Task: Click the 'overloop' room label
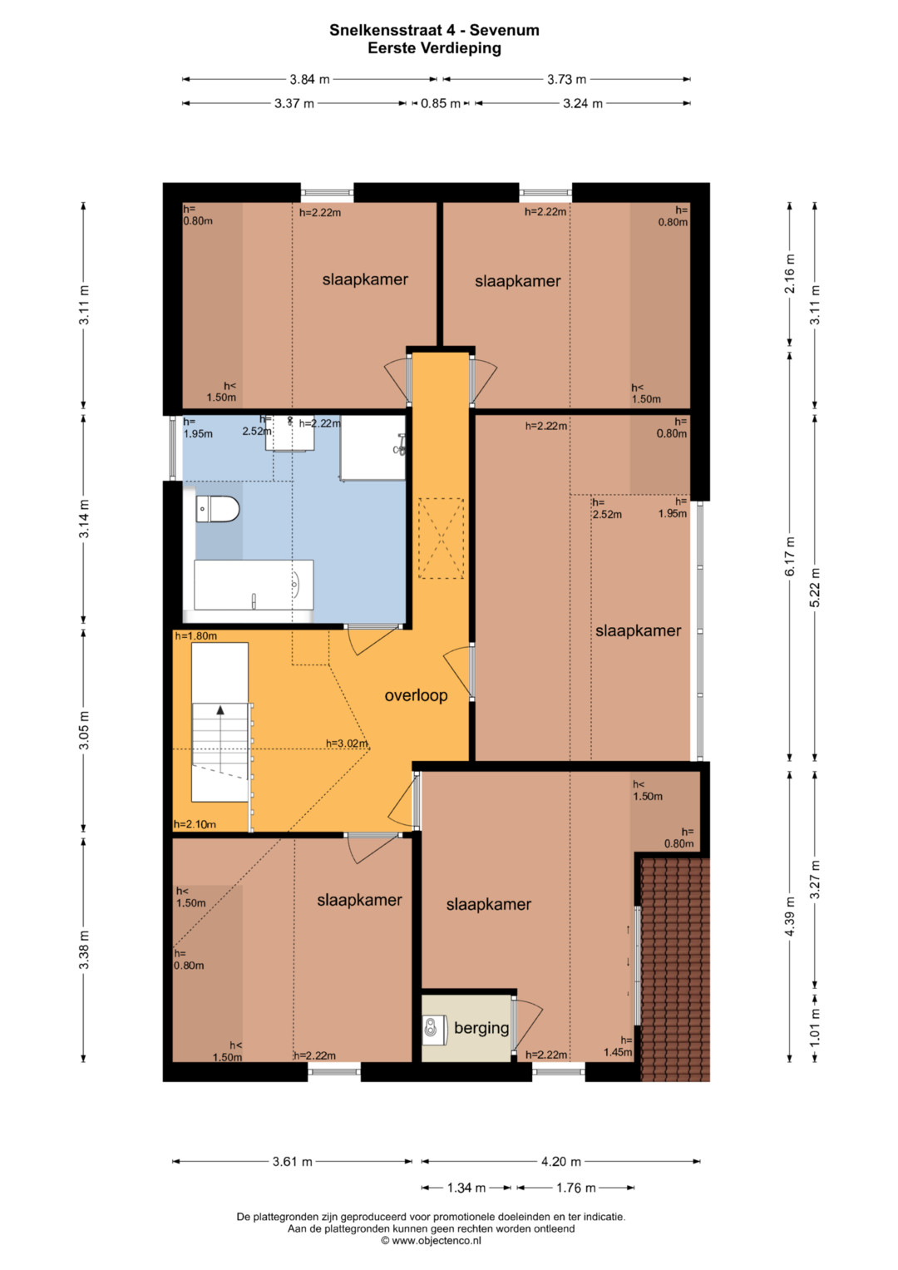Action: point(416,695)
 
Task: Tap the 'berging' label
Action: point(481,1028)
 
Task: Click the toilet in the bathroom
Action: point(218,509)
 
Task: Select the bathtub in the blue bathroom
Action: point(254,585)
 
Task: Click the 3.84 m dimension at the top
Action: point(309,79)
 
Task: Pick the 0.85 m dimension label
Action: point(441,104)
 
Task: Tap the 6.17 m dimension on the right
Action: point(790,556)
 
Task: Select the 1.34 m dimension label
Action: point(466,1188)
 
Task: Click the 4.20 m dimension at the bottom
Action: point(561,1162)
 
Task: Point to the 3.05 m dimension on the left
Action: point(84,730)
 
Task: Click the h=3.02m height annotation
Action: point(347,744)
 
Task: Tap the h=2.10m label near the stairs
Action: point(195,824)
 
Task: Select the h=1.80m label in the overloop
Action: point(195,636)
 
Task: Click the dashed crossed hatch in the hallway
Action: point(441,538)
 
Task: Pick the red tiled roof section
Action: point(674,970)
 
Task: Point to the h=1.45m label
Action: point(617,1046)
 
